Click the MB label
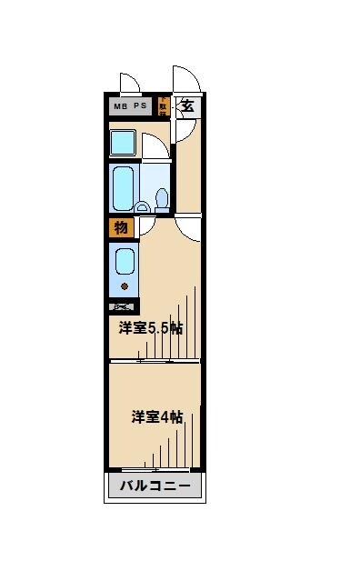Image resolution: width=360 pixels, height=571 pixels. [121, 106]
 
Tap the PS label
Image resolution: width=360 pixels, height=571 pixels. [141, 106]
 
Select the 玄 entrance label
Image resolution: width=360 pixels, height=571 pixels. [188, 105]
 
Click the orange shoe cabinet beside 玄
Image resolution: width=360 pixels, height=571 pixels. [163, 106]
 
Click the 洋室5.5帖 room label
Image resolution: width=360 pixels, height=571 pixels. [150, 327]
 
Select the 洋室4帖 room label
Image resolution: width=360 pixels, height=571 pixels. [157, 417]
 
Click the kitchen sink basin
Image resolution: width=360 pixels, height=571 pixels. [123, 263]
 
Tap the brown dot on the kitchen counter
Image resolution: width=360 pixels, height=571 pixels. [125, 286]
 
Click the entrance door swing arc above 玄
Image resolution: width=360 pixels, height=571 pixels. [185, 78]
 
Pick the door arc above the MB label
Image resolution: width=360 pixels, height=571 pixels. [128, 83]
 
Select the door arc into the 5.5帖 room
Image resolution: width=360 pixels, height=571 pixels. [189, 227]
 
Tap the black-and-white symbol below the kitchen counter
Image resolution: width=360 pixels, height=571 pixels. [122, 307]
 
